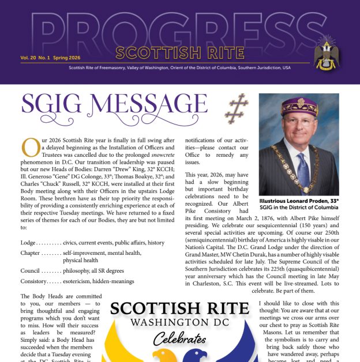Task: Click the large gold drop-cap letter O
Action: coord(29,148)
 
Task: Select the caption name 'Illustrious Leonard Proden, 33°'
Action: coord(299,201)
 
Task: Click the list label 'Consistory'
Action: coord(37,281)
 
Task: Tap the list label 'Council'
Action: coord(32,272)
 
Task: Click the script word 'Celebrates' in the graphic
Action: coord(179,338)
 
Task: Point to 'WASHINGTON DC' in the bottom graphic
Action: coord(179,321)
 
